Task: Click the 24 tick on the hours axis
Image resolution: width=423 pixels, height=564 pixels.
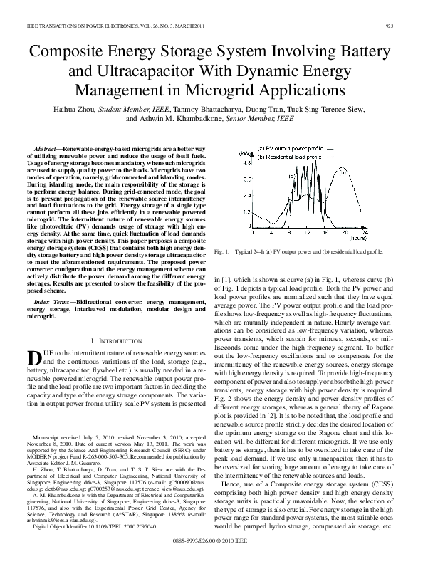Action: tap(365, 233)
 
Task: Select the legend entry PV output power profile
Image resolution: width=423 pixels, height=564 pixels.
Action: tap(289, 148)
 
